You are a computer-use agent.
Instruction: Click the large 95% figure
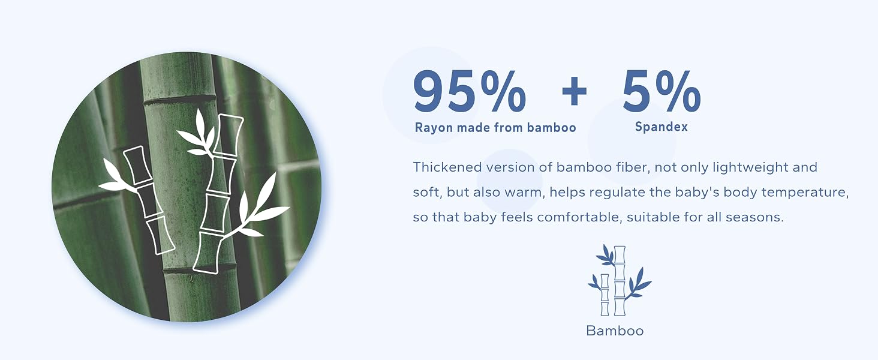click(x=470, y=91)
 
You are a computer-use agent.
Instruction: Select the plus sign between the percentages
click(x=574, y=92)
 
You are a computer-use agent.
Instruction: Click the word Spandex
click(x=661, y=127)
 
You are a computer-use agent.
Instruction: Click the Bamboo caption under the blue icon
click(x=615, y=331)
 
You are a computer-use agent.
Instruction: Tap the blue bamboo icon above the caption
click(x=620, y=280)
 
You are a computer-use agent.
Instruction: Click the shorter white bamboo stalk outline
click(x=149, y=200)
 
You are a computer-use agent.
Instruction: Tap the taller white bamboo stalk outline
click(x=218, y=194)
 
